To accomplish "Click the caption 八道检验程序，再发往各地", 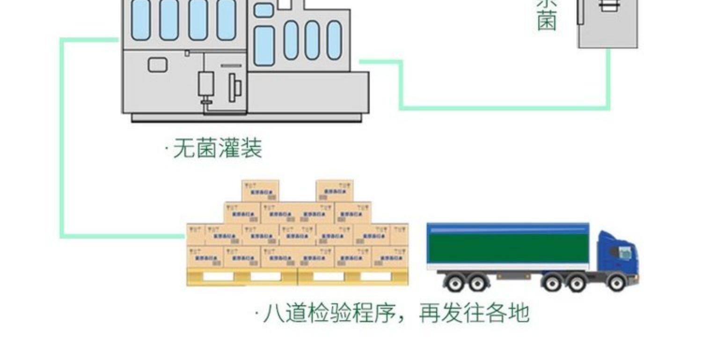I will point(395,313).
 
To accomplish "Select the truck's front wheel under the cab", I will point(616,282).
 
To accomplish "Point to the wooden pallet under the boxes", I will point(297,277).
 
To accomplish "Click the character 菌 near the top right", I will point(547,22).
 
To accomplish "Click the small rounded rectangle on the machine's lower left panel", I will point(158,65).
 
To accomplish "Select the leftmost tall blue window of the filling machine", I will point(141,20).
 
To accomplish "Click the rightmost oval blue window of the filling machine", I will point(334,40).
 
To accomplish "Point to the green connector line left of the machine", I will point(62,140).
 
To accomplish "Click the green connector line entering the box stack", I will point(122,235).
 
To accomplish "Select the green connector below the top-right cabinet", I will point(608,80).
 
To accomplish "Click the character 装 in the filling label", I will point(251,149).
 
